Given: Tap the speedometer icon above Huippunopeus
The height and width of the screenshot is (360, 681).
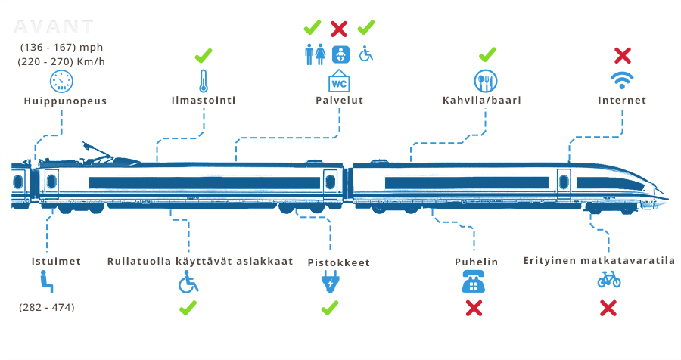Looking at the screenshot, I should (x=62, y=81).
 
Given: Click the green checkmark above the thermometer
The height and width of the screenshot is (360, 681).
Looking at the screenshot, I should (x=203, y=56).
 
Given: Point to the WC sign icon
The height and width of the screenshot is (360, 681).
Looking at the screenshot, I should (x=338, y=80).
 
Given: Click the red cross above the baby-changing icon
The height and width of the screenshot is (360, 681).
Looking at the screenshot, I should (x=340, y=29).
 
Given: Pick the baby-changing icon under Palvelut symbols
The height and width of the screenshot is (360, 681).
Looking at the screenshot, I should (x=341, y=54).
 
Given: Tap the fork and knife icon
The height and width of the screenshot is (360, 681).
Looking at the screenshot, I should (x=487, y=80).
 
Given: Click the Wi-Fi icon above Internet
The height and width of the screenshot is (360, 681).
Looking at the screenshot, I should (x=622, y=80).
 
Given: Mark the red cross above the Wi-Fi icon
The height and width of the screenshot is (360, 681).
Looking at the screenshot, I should (x=622, y=55).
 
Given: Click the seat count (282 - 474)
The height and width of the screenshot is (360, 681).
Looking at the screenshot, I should (x=47, y=308).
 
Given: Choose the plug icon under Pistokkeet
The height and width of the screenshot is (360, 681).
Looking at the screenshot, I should (x=330, y=283).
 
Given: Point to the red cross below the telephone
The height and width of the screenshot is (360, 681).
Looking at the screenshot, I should (x=474, y=308).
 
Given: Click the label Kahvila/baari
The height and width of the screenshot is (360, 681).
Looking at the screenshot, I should (x=481, y=100).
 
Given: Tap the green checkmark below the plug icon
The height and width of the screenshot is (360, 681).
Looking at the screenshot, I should (x=330, y=308).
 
